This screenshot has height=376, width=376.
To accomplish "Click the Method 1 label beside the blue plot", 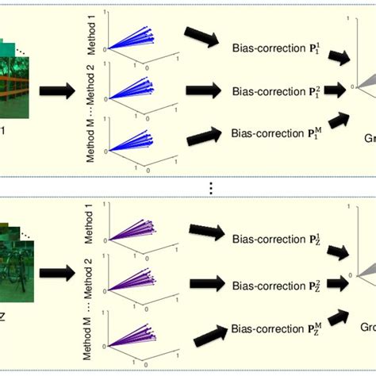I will click(90, 29).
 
